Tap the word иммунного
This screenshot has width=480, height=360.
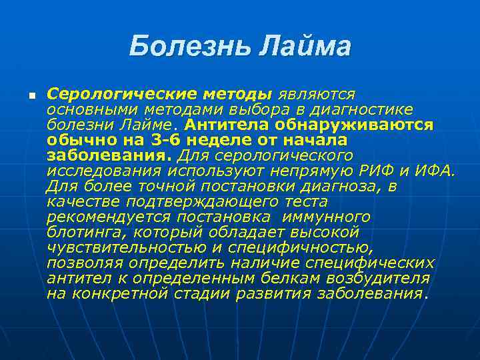coord(326,217)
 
